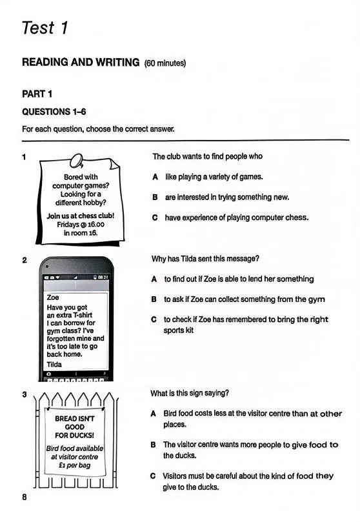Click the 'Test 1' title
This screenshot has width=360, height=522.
pos(45,28)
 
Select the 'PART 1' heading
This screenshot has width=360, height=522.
pos(37,94)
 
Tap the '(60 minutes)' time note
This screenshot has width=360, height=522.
pos(165,63)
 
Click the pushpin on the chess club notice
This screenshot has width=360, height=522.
pos(77,161)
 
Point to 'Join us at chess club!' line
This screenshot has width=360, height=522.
pos(81,216)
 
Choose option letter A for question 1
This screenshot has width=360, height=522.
pos(155,177)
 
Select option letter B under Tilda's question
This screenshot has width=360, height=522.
pos(154,299)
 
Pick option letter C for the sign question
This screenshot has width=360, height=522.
pos(153,476)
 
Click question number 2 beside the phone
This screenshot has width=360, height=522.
pos(25,260)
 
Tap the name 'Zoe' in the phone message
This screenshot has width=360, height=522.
pos(53,297)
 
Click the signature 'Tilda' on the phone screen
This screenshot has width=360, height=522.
pos(54,365)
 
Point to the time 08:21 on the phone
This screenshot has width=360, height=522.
pos(103,277)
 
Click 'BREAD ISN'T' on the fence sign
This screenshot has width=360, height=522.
pos(75,419)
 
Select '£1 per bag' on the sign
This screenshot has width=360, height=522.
pos(75,465)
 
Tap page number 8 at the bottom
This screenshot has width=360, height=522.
pos(25,497)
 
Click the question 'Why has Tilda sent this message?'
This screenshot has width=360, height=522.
pos(205,259)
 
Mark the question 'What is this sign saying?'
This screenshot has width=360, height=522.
pos(190,393)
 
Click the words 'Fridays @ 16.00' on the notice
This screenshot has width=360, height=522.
pos(81,225)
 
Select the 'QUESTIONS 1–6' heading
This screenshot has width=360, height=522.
pos(54,112)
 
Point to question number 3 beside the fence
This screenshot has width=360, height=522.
pos(25,394)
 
